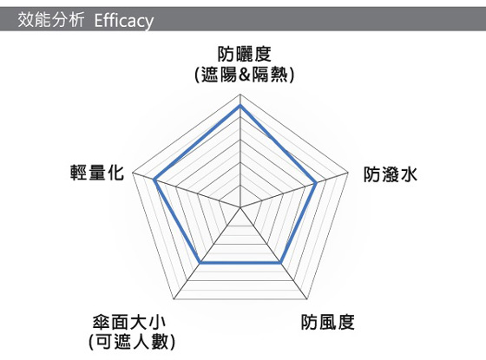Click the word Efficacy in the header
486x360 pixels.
coord(123,21)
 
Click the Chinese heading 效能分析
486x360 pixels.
coord(51,20)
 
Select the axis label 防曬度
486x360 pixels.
coord(245,54)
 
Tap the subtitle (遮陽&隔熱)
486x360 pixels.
coord(245,75)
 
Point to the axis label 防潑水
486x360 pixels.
coord(391,174)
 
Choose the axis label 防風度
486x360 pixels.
coord(328,322)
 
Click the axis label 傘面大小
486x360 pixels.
coord(129,322)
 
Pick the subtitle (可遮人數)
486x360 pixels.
coord(132,342)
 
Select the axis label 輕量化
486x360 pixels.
coord(97,173)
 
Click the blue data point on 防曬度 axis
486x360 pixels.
coord(240,106)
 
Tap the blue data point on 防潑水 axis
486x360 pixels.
coord(316,183)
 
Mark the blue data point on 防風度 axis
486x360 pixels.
coord(280,263)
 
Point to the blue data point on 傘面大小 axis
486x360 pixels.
coord(200,263)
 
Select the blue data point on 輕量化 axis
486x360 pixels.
coord(154,180)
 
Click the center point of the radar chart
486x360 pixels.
coord(240,207)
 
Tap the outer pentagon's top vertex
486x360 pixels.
coord(240,94)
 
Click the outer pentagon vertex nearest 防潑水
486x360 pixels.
coord(348,173)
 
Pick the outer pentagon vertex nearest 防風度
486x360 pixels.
coord(307,299)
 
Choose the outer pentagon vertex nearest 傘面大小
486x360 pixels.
coord(174,299)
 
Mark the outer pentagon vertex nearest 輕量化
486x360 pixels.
coord(132,173)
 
